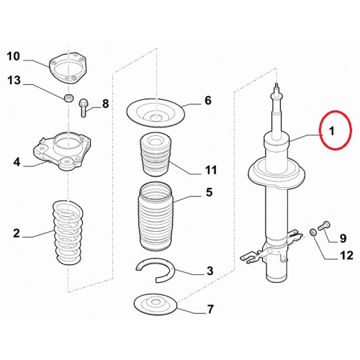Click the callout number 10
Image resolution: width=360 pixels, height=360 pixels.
coord(13,57)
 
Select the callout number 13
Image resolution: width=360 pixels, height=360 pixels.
coord(14,80)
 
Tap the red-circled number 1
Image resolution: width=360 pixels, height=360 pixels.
coord(331,131)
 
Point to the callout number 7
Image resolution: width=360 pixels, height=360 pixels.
coord(210,309)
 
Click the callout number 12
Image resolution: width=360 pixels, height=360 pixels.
coord(346,256)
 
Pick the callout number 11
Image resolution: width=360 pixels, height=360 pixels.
coord(211,170)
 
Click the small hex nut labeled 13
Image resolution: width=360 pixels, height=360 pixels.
coord(69,98)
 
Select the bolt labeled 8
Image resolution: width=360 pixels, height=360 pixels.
coord(83,107)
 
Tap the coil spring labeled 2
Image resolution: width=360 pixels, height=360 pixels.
coord(68,232)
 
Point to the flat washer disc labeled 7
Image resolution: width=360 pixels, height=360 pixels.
coord(156,304)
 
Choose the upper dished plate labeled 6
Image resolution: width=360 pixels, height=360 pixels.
coord(156,112)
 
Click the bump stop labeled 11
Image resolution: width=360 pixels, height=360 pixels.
coord(156,154)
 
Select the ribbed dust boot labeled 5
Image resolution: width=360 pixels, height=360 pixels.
coord(156,217)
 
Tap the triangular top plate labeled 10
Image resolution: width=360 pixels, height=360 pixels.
coord(68,68)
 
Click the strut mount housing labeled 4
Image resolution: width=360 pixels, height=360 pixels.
coord(62,150)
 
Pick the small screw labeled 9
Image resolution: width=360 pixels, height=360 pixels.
coord(324,225)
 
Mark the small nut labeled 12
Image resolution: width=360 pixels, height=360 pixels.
coord(312,233)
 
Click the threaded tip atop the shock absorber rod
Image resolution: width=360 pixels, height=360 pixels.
coord(277,87)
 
